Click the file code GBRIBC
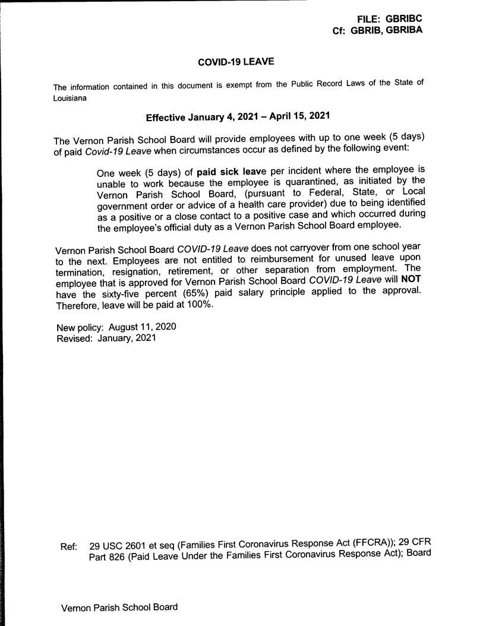[403, 19]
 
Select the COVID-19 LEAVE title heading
[236, 61]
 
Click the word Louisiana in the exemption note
[70, 98]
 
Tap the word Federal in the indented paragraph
[314, 194]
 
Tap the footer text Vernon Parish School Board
[119, 608]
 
